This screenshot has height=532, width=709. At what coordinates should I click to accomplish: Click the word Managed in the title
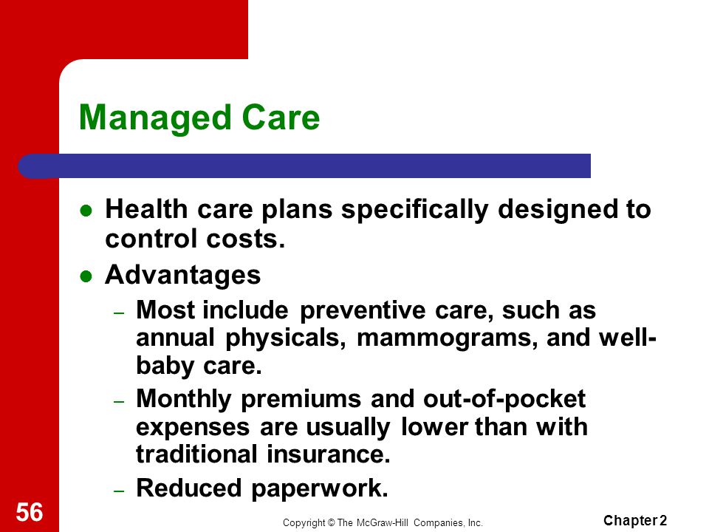[155, 118]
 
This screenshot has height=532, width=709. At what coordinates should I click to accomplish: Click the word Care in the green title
[281, 117]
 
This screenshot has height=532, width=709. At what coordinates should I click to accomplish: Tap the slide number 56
[30, 512]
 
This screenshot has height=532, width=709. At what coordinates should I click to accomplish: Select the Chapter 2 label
[635, 521]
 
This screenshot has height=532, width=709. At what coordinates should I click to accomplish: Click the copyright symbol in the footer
[331, 523]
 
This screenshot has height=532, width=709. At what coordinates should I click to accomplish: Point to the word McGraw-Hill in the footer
[383, 523]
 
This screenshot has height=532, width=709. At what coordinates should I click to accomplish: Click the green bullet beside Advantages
[86, 276]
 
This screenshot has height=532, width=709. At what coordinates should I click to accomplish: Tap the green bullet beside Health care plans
[86, 211]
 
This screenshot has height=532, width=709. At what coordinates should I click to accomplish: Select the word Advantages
[182, 275]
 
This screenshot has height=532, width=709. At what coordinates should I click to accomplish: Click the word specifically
[414, 210]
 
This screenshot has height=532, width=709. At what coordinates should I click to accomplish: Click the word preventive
[363, 311]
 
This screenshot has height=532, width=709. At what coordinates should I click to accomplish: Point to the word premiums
[301, 400]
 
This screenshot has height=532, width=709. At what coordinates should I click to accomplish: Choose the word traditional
[196, 454]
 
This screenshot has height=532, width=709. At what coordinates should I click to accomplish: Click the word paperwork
[319, 489]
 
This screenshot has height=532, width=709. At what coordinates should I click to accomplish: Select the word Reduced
[189, 488]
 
